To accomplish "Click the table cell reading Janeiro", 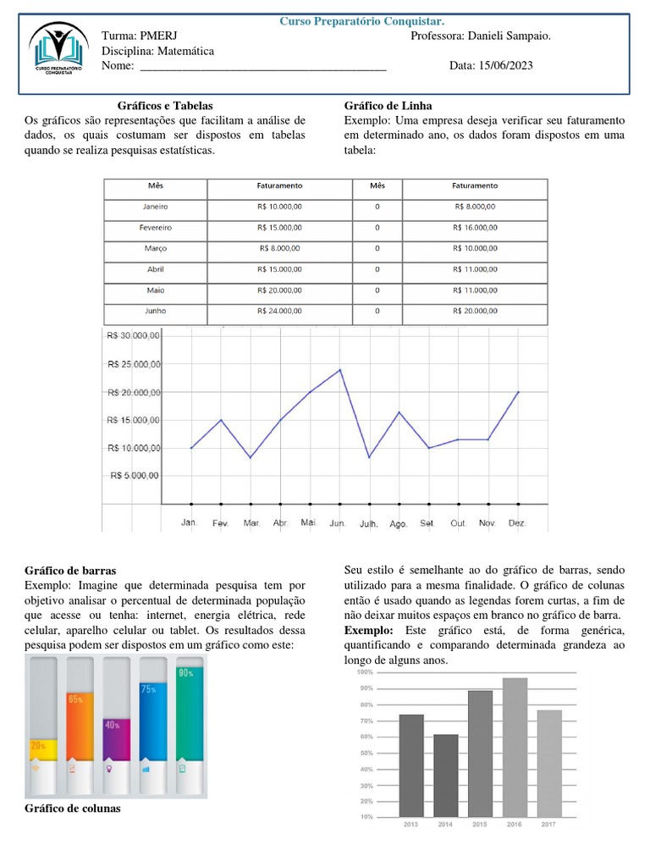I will click(156, 206).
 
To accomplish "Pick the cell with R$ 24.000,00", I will click(279, 311).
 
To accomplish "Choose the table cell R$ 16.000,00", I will click(475, 227).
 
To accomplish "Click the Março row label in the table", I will click(156, 248).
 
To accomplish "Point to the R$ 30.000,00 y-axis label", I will click(133, 335).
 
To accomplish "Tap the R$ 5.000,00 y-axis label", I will click(135, 475).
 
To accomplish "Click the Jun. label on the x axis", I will click(338, 523).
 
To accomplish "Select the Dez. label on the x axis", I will click(516, 523).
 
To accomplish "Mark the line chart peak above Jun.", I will click(340, 369).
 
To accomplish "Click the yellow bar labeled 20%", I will click(42, 748).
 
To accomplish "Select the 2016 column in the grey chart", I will click(515, 747).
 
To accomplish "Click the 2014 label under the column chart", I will click(445, 824).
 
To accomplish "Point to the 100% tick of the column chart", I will click(365, 671).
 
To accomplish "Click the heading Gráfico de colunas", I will click(73, 809).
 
